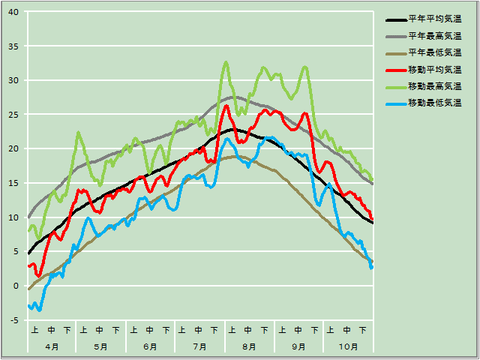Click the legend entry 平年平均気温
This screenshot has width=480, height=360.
click(x=433, y=19)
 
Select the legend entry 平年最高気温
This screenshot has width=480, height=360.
click(x=433, y=35)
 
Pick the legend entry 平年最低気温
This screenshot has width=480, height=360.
click(x=433, y=52)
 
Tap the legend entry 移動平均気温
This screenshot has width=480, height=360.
click(x=433, y=69)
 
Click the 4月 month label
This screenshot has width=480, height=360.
click(x=51, y=346)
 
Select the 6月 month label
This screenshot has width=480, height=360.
click(x=150, y=346)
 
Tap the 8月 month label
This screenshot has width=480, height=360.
click(x=249, y=346)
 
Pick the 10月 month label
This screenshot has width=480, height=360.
click(x=347, y=346)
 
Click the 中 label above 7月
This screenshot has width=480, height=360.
click(x=199, y=330)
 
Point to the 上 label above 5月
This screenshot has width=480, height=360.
click(x=84, y=330)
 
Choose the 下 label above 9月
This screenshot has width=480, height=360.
click(x=314, y=330)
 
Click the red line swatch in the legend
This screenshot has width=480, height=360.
click(x=395, y=70)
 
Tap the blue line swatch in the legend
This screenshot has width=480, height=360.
click(x=395, y=103)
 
